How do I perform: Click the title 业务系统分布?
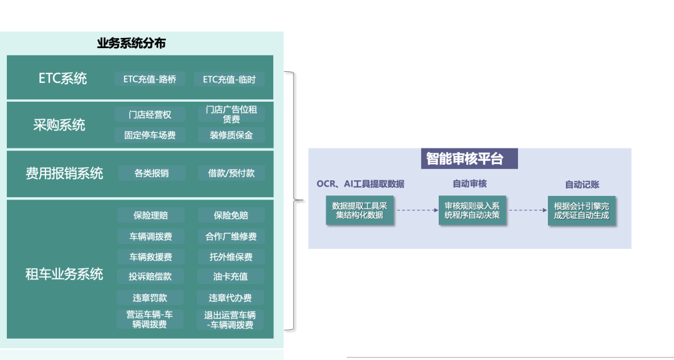(131, 44)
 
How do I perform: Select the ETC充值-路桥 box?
(150, 79)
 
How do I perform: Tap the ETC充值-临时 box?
(229, 79)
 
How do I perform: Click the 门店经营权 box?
(150, 114)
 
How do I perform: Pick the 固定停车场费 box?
(150, 135)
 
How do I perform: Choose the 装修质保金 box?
(231, 135)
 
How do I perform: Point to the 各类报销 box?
(152, 173)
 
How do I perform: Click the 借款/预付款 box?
(231, 173)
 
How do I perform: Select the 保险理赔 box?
(150, 215)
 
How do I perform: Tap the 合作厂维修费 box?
(231, 236)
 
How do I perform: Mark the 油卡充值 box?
(231, 276)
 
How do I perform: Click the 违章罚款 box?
(150, 298)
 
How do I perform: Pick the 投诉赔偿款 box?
(150, 276)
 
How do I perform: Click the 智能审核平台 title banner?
(464, 158)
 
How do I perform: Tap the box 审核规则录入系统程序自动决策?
(472, 210)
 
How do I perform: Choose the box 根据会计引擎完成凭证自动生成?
(582, 210)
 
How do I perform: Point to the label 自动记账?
(582, 184)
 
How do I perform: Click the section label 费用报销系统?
(64, 173)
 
